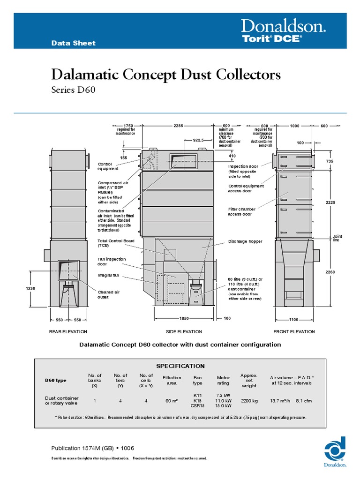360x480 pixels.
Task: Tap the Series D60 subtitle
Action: coord(73,90)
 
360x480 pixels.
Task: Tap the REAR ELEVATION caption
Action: coord(68,331)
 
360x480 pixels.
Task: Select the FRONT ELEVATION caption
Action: coord(294,331)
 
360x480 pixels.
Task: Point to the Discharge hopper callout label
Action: coord(245,241)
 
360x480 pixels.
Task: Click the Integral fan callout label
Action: coord(109,275)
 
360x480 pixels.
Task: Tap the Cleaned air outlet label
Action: coord(108,294)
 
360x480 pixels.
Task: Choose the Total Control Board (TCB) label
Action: coord(116,243)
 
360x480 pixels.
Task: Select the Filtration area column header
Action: coord(172,380)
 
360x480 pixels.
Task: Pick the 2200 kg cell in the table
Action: coord(248,401)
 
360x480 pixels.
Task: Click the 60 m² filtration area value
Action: coord(172,401)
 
